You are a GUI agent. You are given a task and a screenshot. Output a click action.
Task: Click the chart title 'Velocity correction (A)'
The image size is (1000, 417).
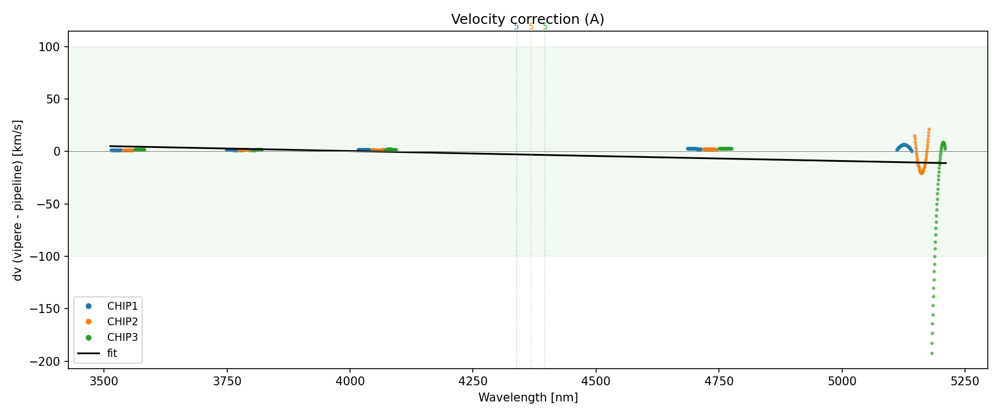tap(527, 19)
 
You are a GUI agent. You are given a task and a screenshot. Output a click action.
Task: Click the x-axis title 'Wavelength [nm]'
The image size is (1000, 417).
tap(528, 398)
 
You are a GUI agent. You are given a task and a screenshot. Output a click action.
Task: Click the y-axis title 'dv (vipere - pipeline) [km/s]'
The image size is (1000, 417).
tap(18, 200)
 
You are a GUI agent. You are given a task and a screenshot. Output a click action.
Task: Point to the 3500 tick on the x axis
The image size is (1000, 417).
tap(103, 380)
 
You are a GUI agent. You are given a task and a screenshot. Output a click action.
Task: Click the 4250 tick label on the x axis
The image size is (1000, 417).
tap(472, 380)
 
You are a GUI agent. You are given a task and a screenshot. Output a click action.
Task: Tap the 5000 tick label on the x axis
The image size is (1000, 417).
tap(842, 380)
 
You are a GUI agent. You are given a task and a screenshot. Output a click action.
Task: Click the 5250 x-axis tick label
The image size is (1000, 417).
tap(964, 380)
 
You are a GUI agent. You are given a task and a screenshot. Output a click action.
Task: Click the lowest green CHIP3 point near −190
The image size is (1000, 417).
tap(932, 353)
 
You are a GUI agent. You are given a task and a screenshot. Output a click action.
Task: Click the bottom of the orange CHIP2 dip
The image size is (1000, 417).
tap(921, 172)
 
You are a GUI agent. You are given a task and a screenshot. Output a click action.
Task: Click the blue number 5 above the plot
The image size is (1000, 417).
tap(516, 27)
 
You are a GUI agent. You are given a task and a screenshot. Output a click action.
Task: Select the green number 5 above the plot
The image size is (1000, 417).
tap(545, 27)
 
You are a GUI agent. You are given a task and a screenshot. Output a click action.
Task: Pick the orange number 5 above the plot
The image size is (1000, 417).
tap(531, 27)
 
